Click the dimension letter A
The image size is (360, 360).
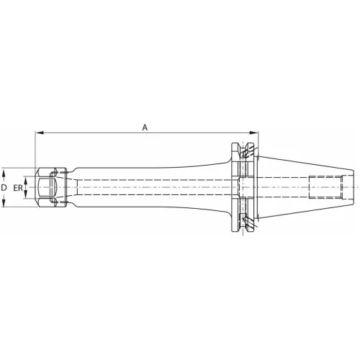pyautogui.click(x=145, y=127)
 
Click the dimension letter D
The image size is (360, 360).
pyautogui.click(x=4, y=187)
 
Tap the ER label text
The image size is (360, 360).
pyautogui.click(x=18, y=188)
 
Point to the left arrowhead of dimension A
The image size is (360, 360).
pyautogui.click(x=40, y=132)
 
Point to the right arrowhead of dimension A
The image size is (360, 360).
pyautogui.click(x=254, y=132)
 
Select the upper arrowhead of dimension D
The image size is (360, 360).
pyautogui.click(x=4, y=173)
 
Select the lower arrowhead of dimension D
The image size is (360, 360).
pyautogui.click(x=4, y=202)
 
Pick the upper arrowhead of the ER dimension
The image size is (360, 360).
pyautogui.click(x=27, y=180)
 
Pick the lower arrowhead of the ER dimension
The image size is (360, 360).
pyautogui.click(x=27, y=194)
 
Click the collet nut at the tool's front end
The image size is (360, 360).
pyautogui.click(x=51, y=187)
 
